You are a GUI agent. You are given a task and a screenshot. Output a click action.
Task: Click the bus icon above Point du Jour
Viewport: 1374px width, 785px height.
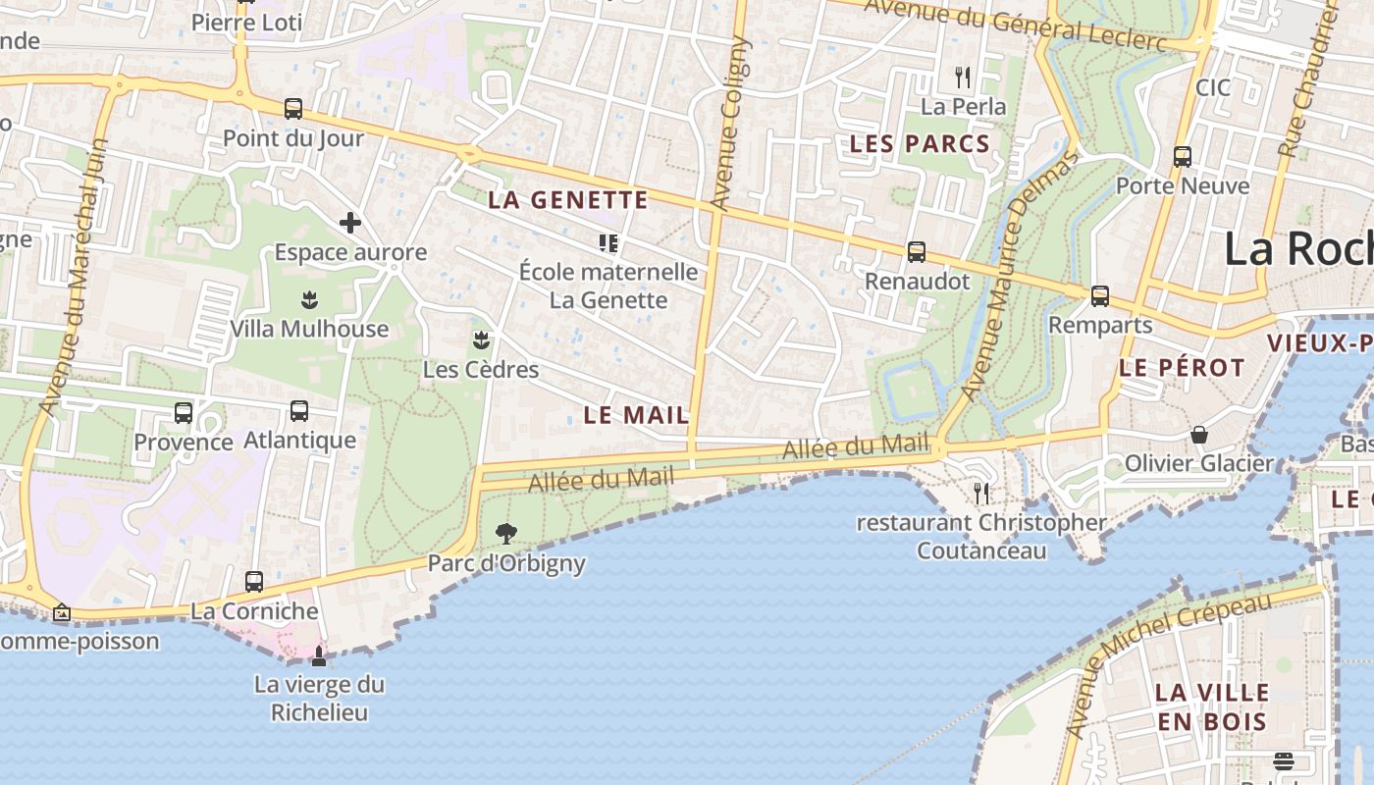(x=292, y=109)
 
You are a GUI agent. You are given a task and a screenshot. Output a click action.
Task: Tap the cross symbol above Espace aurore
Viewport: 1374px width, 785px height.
(x=350, y=224)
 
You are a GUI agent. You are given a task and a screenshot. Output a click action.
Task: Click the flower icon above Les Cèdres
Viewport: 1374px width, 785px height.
(x=481, y=340)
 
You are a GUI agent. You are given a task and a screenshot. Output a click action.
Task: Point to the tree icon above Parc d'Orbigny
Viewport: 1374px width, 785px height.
(x=506, y=534)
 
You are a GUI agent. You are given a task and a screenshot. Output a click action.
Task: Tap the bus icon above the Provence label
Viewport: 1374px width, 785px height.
(x=184, y=413)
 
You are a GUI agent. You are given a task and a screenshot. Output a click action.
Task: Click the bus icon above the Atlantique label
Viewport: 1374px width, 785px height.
(x=299, y=411)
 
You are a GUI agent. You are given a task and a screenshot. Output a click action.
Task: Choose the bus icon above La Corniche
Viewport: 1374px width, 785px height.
(x=254, y=582)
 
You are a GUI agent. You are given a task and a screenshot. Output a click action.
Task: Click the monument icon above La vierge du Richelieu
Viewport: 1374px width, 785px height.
(x=319, y=655)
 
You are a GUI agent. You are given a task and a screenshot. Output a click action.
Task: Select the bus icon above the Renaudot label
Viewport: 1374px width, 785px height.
(x=917, y=252)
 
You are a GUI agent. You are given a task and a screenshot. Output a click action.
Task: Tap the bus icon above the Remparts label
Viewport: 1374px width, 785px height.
(x=1100, y=295)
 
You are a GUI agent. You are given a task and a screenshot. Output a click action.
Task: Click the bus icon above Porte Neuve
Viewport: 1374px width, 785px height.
(x=1183, y=157)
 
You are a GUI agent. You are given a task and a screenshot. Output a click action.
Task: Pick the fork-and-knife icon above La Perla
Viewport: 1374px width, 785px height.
(x=963, y=77)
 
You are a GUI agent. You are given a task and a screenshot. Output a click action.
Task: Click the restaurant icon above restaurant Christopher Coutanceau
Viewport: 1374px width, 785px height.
(x=980, y=493)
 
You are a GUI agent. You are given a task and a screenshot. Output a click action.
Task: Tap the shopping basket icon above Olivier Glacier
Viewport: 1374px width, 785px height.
(x=1198, y=434)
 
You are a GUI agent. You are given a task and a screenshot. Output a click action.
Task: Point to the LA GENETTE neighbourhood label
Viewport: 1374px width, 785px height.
(x=568, y=200)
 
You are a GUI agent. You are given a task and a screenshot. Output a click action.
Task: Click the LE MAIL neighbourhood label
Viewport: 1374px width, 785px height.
(x=636, y=415)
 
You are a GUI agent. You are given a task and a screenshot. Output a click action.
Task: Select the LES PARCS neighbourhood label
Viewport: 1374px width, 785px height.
(x=920, y=144)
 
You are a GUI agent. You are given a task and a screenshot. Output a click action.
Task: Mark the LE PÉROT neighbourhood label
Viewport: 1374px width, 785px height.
(x=1182, y=369)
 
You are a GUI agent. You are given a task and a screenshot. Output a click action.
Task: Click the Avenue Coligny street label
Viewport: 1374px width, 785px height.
(x=730, y=125)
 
